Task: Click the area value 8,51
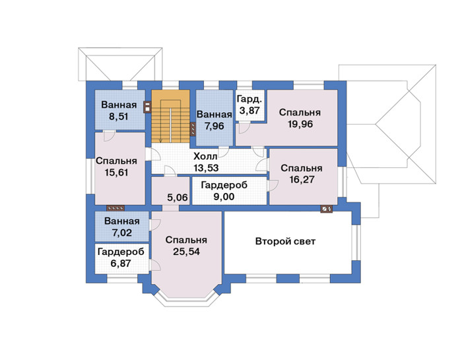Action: (x=118, y=117)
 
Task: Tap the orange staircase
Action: (x=170, y=116)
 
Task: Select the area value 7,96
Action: (x=214, y=126)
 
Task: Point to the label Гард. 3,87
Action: (x=249, y=104)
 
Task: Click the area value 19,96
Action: (x=300, y=124)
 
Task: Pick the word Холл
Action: (x=205, y=157)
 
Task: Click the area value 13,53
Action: (x=206, y=168)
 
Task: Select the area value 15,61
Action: (x=116, y=172)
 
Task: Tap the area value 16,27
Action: (x=302, y=179)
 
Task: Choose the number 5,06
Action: (x=178, y=198)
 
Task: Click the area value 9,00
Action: (x=224, y=197)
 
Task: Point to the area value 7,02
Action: (x=121, y=233)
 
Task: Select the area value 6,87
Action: (x=121, y=263)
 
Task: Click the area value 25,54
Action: (x=186, y=252)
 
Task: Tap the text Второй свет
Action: (x=285, y=242)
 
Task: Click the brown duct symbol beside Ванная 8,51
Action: (x=147, y=107)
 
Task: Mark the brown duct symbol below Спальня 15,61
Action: (x=115, y=208)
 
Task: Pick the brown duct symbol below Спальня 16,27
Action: (x=327, y=209)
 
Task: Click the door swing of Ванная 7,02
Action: (x=154, y=225)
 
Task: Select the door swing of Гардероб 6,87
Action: (x=154, y=265)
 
